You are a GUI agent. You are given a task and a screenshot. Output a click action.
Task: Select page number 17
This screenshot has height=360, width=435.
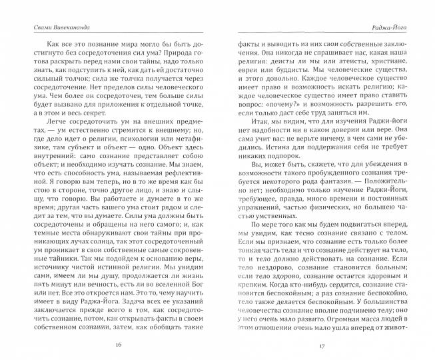[x=320, y=345]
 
